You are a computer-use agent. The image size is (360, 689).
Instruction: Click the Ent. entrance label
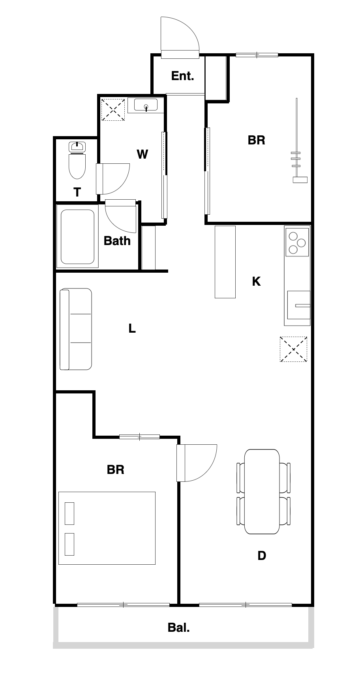(x=182, y=76)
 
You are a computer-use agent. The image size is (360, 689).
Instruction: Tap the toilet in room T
(x=77, y=161)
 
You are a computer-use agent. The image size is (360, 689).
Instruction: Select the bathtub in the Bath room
(x=77, y=236)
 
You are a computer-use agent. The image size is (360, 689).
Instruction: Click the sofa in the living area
(x=76, y=329)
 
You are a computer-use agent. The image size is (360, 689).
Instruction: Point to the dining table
(x=262, y=492)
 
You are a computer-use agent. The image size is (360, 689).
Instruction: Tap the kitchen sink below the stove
(x=298, y=305)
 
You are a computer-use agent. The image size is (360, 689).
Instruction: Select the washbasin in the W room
(x=146, y=105)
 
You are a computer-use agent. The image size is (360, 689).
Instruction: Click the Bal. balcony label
(x=179, y=627)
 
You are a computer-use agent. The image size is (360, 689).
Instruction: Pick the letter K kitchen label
(x=256, y=281)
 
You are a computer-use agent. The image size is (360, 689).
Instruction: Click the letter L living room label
(x=132, y=328)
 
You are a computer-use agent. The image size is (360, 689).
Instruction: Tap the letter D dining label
(x=262, y=556)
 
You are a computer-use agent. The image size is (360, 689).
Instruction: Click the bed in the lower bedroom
(x=107, y=528)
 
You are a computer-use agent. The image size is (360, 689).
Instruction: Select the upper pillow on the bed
(x=69, y=513)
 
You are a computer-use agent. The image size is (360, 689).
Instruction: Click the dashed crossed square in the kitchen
(x=293, y=349)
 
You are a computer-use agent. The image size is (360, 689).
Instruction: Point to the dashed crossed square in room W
(x=113, y=109)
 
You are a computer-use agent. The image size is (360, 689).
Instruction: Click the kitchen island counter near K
(x=225, y=262)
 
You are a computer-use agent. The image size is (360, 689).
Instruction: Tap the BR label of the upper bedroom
(x=256, y=140)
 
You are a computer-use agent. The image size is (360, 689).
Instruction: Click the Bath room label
(x=117, y=241)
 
